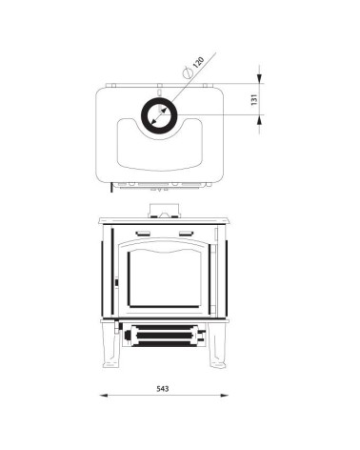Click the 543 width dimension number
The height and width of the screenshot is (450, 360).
point(163,388)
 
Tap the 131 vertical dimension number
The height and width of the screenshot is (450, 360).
point(254,100)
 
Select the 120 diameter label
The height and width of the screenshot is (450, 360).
point(198,62)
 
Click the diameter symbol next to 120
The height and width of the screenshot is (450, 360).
point(188,72)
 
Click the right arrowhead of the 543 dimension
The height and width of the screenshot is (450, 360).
point(224,396)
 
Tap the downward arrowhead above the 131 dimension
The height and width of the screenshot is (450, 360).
point(259,78)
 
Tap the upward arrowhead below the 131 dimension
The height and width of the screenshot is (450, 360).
point(259,119)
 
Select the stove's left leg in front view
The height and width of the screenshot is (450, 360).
point(110,345)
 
